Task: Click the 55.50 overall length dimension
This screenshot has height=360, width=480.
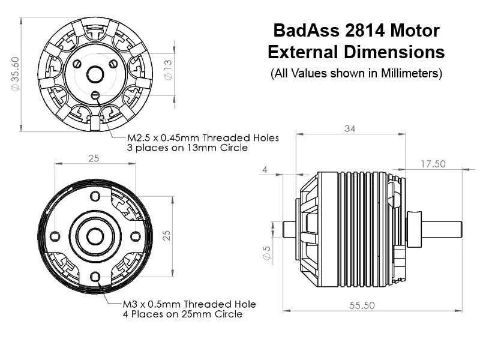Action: pyautogui.click(x=362, y=305)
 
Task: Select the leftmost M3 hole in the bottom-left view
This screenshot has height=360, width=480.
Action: pyautogui.click(x=55, y=235)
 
